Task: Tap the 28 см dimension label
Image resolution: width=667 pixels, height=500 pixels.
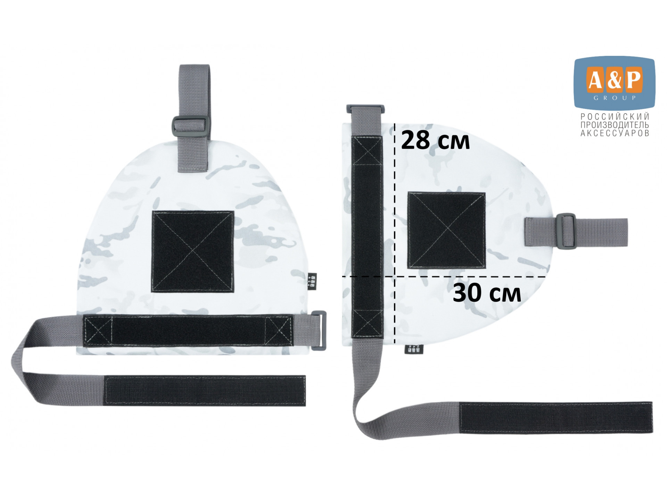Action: (435, 141)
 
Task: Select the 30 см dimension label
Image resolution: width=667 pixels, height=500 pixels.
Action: (487, 293)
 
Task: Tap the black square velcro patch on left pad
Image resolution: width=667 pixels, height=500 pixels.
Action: (192, 251)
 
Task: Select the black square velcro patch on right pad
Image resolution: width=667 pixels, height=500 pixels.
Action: (446, 230)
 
